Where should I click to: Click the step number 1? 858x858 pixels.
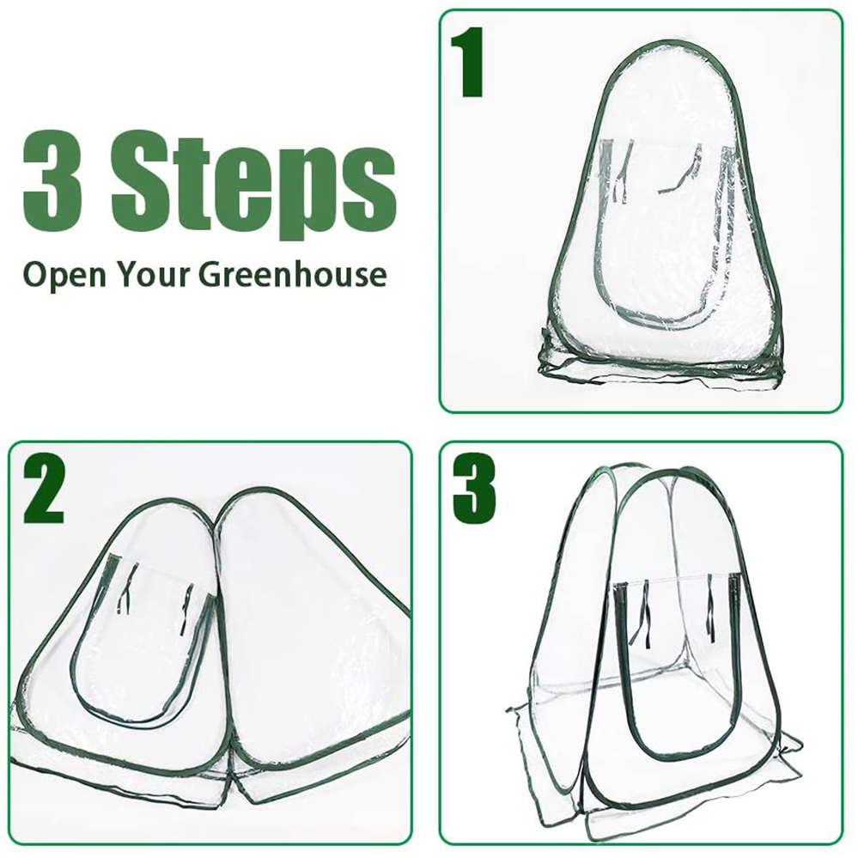click(466, 62)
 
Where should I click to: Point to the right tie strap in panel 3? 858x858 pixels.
click(710, 607)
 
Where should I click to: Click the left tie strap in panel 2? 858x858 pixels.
click(125, 587)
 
